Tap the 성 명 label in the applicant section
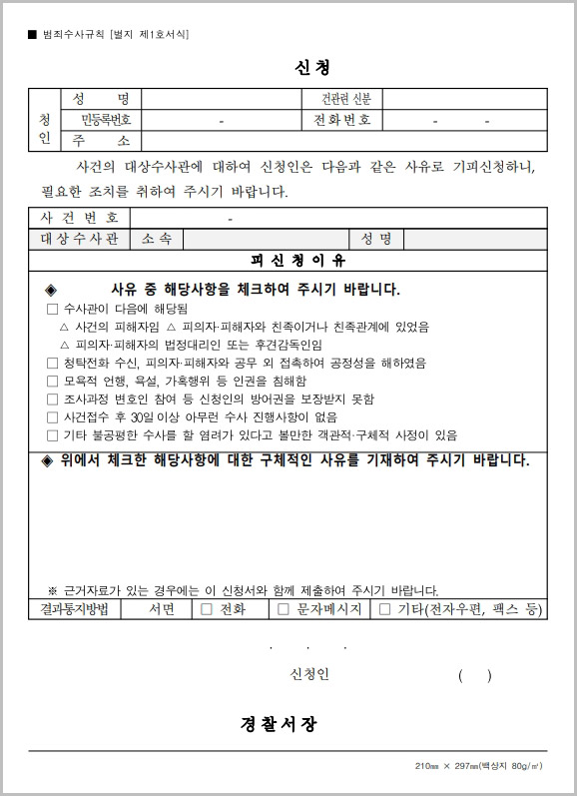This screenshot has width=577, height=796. tap(101, 99)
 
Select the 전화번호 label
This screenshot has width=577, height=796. tap(341, 120)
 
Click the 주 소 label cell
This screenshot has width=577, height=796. tap(101, 141)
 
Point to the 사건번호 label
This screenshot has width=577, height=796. tap(80, 218)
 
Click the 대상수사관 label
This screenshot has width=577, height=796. tap(80, 239)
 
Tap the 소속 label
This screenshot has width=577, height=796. tap(157, 239)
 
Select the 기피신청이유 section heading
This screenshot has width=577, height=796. tap(298, 261)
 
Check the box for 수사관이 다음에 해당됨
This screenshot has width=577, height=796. tap(53, 310)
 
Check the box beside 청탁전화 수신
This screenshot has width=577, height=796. tap(53, 364)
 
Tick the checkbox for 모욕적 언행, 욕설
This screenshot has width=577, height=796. tap(53, 382)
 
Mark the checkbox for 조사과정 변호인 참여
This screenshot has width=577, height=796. tap(53, 399)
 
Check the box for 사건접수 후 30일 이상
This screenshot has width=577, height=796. tap(53, 417)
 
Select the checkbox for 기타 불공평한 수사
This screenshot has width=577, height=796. tap(53, 435)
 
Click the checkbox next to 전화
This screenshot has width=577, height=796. tap(207, 608)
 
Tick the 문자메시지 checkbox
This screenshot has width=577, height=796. tap(284, 608)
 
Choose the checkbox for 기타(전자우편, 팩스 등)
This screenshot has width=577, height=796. tap(384, 608)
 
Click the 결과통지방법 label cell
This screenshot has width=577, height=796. tap(74, 608)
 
